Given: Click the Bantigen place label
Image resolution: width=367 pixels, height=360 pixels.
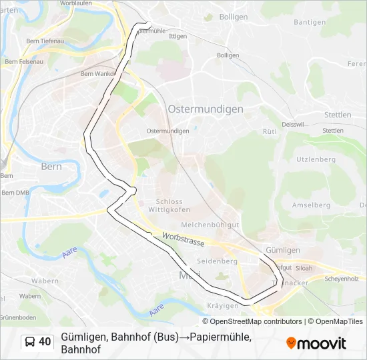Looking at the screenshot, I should point(310,22).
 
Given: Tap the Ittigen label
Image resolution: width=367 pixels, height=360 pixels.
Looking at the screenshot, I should point(178,36).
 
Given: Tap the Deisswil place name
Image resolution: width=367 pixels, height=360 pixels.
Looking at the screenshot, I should point(292,124).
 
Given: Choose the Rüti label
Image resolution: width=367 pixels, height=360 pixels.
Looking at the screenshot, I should point(270,132).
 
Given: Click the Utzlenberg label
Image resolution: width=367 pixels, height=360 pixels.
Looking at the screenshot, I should point(316,159).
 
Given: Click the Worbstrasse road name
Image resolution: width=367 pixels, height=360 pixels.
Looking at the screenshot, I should point(182,240).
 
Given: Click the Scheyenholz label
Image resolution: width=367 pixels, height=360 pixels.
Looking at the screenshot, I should point(341,279).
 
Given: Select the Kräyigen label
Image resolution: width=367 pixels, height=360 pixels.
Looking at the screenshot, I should point(223,305).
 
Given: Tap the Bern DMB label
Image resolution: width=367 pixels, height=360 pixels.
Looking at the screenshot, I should point(15,192).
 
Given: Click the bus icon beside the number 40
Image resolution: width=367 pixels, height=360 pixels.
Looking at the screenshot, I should point(30,342).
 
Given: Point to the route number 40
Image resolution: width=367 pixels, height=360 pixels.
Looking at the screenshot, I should point(45,342).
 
